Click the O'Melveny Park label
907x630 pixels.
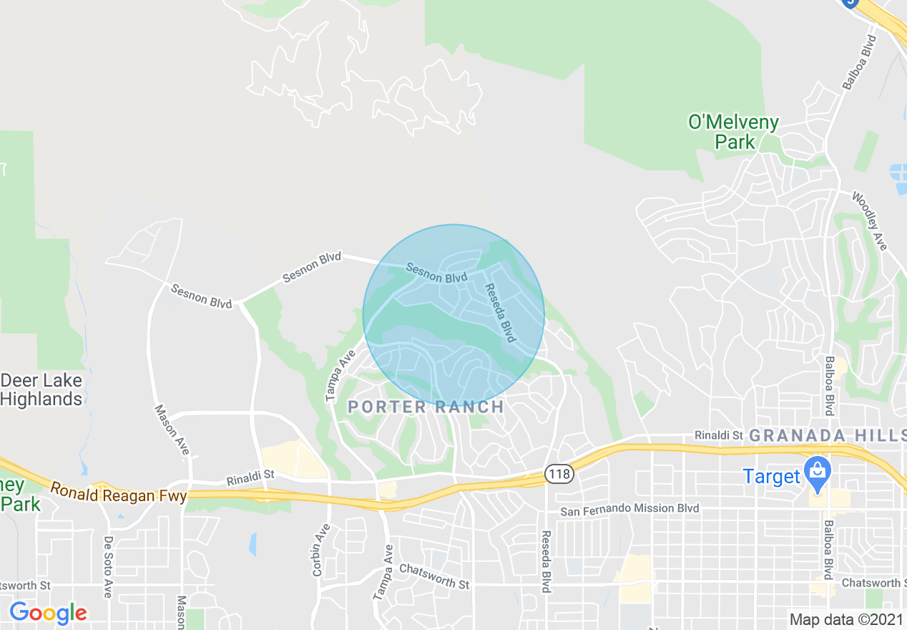(733, 132)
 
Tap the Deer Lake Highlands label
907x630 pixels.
(41, 389)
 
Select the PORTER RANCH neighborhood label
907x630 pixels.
(426, 407)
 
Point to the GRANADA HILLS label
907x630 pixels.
(828, 435)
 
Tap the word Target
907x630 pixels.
(771, 476)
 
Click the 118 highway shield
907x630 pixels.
(558, 473)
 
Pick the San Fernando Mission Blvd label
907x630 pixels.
(629, 509)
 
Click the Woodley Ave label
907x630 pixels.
(869, 220)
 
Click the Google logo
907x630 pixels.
(48, 613)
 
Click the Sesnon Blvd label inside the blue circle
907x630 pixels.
(436, 272)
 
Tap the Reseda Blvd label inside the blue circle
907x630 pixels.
(500, 312)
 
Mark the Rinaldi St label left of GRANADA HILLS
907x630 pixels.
(719, 435)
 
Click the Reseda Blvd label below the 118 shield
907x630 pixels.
(546, 561)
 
